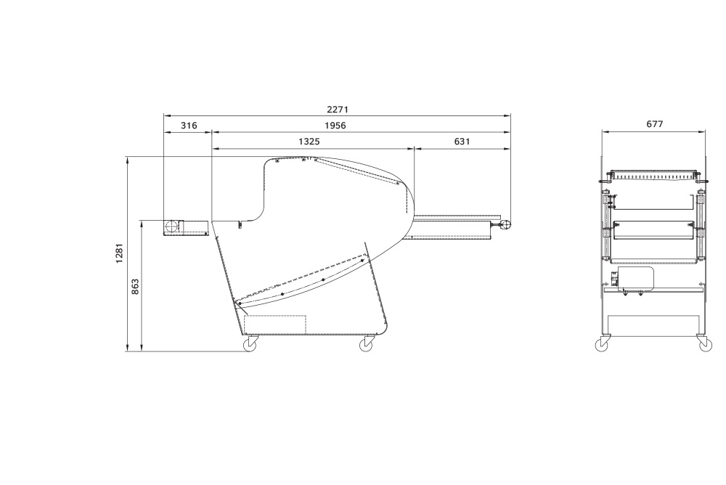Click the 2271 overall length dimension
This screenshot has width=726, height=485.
337,110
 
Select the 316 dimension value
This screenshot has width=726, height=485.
189,126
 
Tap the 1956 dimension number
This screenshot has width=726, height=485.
335,126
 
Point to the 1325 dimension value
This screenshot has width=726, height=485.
309,142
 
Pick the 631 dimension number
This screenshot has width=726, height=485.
462,142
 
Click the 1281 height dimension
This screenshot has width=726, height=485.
120,253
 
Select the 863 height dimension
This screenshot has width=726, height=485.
135,287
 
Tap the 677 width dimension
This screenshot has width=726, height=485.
654,124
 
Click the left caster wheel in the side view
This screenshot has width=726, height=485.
250,344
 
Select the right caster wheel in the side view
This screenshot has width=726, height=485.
367,344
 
